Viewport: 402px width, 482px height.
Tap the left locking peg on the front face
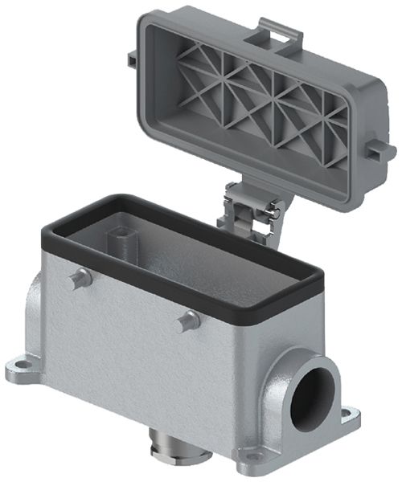pos(78,279)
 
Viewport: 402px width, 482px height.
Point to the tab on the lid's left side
pos(131,62)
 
